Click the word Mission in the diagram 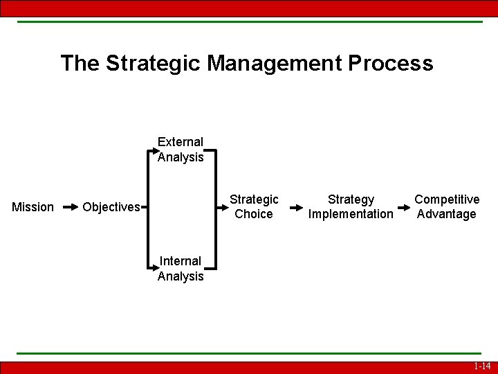tap(33, 207)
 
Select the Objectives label tap(111, 207)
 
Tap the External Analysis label tap(181, 150)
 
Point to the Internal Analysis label tap(181, 269)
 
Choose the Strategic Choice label tap(254, 206)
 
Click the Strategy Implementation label tap(351, 206)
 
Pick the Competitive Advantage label tap(447, 206)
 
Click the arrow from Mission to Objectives tap(71, 206)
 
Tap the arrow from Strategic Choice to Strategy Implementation tap(295, 206)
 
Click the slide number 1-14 tap(482, 366)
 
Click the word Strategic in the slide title tap(154, 63)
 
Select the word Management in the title tap(275, 63)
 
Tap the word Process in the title tap(390, 63)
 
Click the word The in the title tap(80, 63)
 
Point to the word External tap(181, 142)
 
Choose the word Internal tap(181, 261)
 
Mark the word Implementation tap(351, 214)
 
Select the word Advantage tap(447, 214)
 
